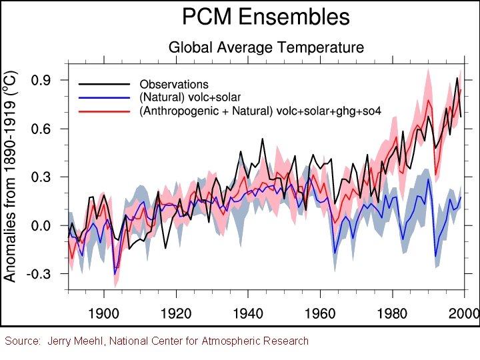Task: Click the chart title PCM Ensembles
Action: click(267, 16)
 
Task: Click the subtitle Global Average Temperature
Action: click(266, 47)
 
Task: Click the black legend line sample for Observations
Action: click(104, 85)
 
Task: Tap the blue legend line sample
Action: click(104, 98)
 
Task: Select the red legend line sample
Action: click(104, 111)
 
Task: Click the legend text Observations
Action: click(174, 85)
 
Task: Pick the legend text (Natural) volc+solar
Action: click(190, 98)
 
